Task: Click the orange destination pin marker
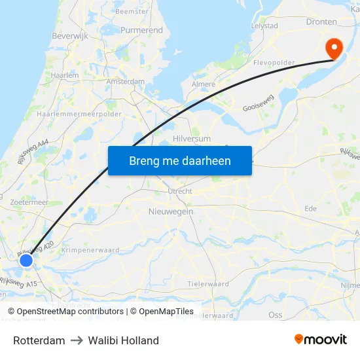coord(333,46)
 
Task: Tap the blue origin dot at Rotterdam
coord(26,261)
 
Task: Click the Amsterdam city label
coord(126,81)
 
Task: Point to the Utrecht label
coord(180,191)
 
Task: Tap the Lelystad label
coord(264,26)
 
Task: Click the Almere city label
coord(203,84)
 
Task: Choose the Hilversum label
coord(192,139)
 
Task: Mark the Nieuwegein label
coord(171,211)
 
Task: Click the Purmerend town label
coord(141,30)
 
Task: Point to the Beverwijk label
coord(70,37)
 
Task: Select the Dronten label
coord(321,22)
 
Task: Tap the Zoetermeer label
coord(29,203)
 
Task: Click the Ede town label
coord(311,208)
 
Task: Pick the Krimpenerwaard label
coord(88,250)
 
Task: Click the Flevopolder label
coord(274,63)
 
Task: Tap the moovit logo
coord(321,339)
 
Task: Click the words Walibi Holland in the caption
coord(123,340)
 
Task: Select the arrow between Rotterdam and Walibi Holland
coord(77,340)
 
